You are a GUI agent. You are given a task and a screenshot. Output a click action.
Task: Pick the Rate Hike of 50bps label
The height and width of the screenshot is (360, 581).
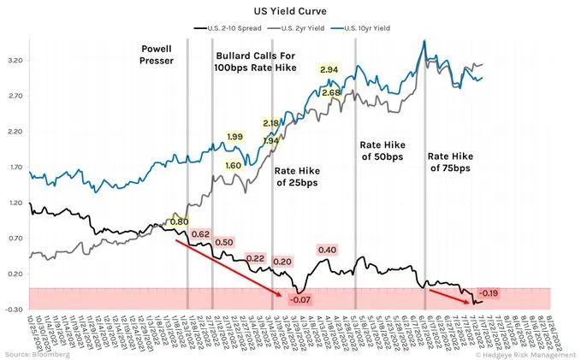click(381, 150)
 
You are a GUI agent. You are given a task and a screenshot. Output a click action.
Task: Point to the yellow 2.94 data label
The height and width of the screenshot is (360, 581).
click(329, 69)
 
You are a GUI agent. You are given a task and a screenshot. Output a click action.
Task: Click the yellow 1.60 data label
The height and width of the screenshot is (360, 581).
click(233, 165)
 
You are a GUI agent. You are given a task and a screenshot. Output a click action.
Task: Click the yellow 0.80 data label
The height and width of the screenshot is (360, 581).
click(179, 221)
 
